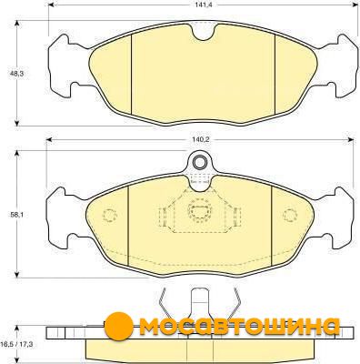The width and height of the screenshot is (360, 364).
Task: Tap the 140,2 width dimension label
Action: click(x=201, y=139)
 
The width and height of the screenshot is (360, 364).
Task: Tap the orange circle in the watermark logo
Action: click(x=119, y=326)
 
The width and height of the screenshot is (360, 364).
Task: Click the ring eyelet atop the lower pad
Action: click(x=199, y=162)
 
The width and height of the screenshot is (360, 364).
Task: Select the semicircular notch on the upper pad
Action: click(x=204, y=33)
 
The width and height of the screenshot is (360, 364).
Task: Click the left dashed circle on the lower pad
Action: click(x=110, y=216)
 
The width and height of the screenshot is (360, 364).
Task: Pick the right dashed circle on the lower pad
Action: click(x=290, y=215)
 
